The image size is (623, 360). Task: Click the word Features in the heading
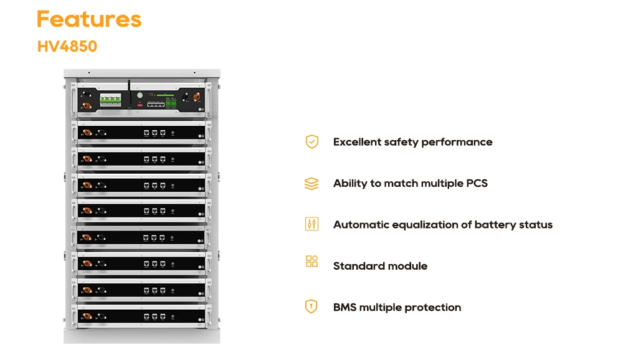pos(89,19)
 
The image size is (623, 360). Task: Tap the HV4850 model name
pos(67,47)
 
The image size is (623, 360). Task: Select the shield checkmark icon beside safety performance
pos(311,142)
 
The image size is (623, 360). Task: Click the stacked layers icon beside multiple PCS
pos(311,184)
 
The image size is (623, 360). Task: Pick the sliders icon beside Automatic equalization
pos(311,224)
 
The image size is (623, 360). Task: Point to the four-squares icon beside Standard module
pos(311,262)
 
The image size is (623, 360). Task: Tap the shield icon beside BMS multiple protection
pos(311,306)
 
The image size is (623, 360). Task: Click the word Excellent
pos(357,142)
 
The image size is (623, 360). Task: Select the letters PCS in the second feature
pos(477,183)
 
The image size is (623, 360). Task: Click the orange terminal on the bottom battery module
pos(87,316)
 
